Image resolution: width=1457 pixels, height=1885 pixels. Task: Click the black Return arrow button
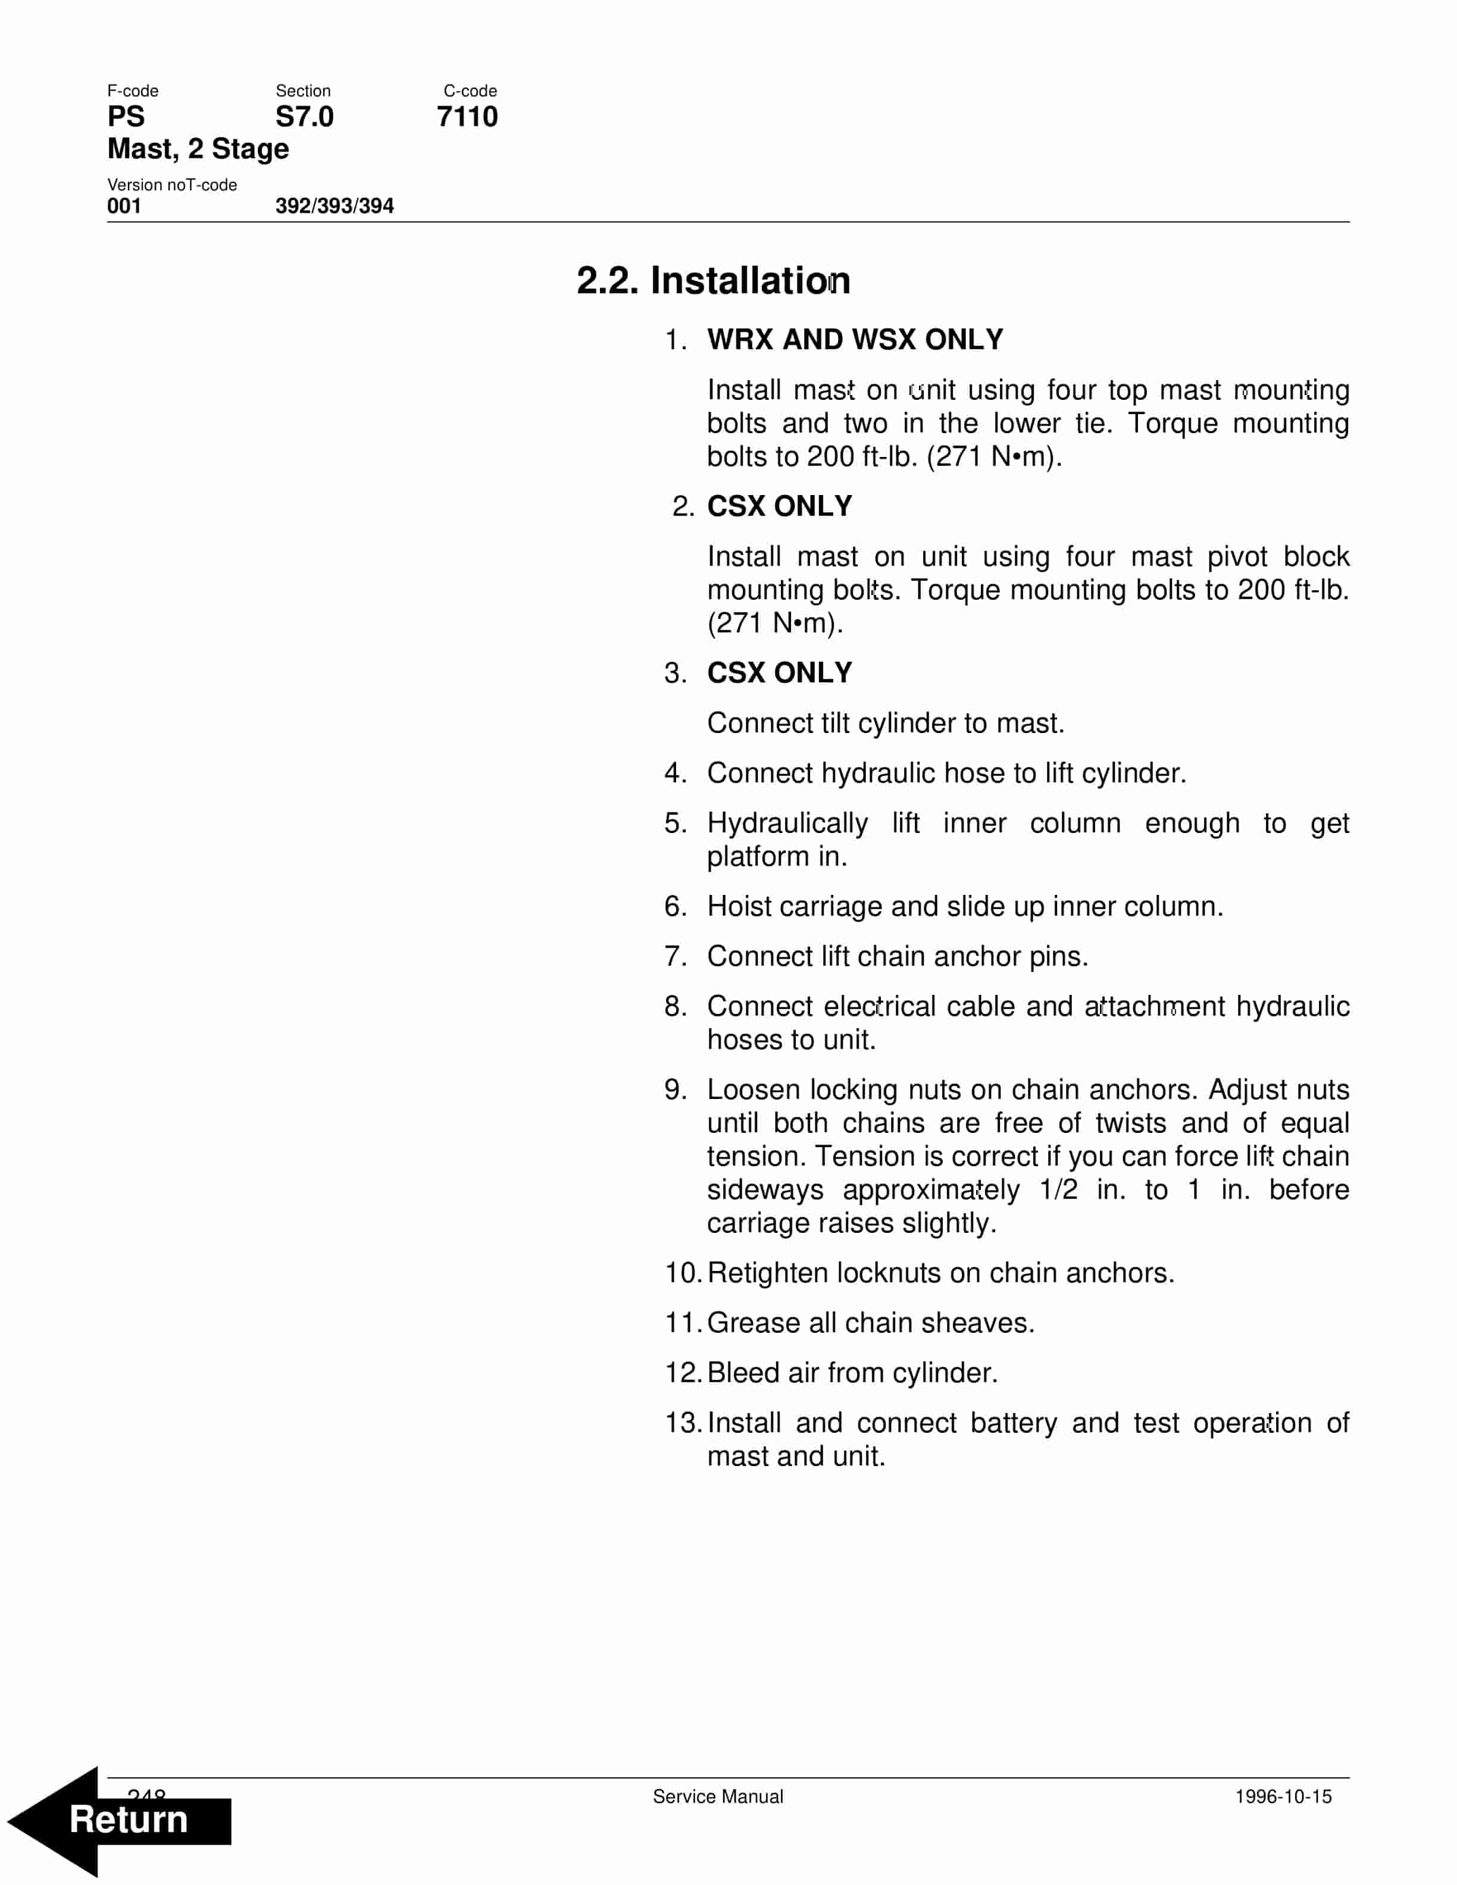[121, 1820]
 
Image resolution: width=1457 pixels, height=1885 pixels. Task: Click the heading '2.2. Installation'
[713, 280]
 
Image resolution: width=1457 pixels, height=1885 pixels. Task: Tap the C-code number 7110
[467, 117]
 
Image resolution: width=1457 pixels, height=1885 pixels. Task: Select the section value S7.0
[304, 117]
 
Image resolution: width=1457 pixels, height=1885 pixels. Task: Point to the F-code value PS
[126, 117]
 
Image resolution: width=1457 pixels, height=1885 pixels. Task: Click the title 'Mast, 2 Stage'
[198, 148]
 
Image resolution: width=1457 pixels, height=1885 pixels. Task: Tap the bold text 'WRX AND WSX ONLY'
[855, 339]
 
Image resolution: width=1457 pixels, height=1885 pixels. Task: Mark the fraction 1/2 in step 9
[1058, 1189]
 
